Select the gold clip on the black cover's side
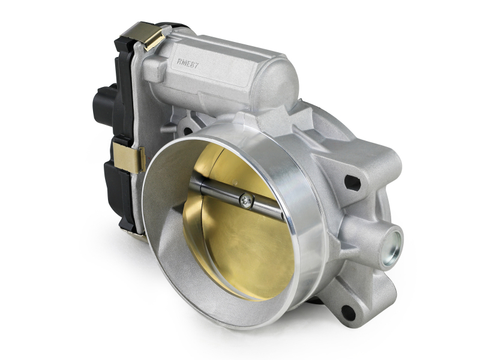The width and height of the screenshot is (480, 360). [x=130, y=157]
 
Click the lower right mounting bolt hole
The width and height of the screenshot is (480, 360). [x=347, y=311]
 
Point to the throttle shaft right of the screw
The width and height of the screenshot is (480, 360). [x=267, y=208]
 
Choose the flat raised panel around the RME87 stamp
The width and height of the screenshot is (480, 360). [x=204, y=69]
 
